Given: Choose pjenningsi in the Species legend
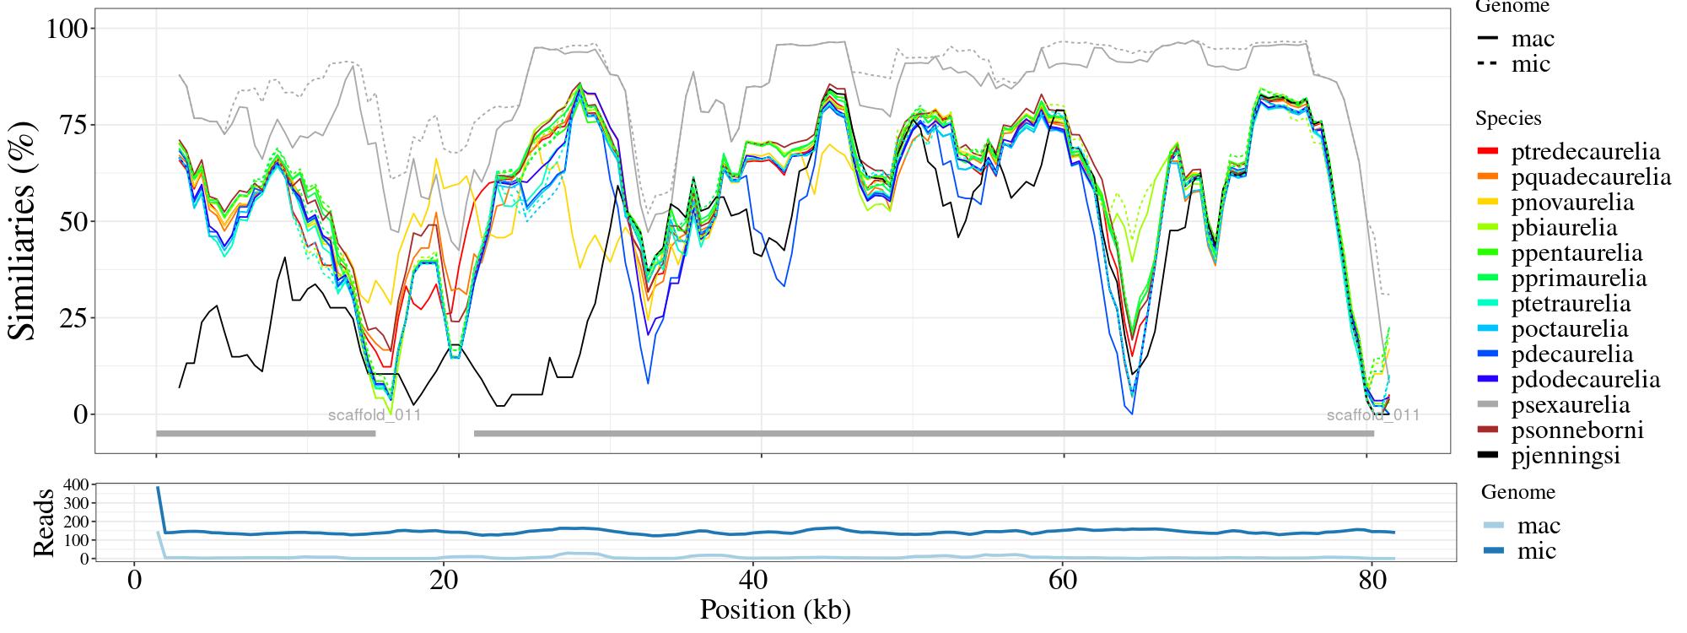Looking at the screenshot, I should coord(1566,456).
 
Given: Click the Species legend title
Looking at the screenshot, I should coord(1508,119).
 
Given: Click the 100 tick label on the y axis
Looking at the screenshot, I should coord(66,29).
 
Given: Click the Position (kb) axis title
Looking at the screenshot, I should coord(775,609).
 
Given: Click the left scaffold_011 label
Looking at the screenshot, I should coord(375,415).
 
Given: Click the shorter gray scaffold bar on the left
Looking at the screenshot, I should coord(266,434).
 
